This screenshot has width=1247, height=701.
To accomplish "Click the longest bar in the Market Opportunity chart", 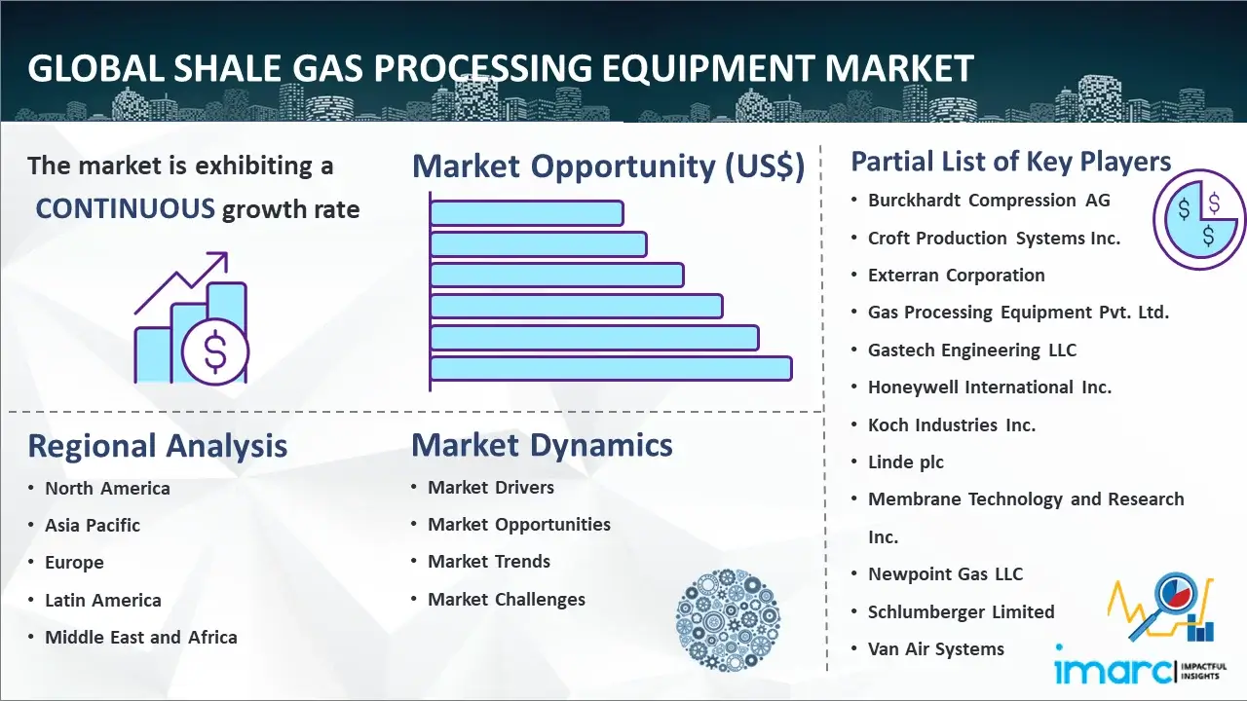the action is click(611, 369).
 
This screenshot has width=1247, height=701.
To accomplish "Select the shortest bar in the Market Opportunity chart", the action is click(526, 212).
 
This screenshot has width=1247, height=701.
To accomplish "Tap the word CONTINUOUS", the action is click(126, 208).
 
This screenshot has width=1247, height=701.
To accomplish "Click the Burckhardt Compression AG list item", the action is click(989, 201).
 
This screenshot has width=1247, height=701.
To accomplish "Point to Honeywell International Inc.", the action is click(989, 387).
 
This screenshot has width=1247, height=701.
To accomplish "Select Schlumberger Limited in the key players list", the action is click(961, 612).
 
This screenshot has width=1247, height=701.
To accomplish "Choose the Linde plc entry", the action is click(906, 462).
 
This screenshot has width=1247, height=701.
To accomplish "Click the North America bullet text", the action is click(107, 489).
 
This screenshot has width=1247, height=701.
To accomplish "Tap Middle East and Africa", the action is click(141, 638).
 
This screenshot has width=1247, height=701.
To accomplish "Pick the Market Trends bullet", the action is click(489, 562).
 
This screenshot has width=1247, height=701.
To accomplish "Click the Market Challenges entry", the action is click(506, 599).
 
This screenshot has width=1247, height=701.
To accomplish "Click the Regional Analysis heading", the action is click(158, 446).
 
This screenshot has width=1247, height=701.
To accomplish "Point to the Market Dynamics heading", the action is click(542, 445).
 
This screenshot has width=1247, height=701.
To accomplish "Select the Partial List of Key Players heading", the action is click(1011, 162).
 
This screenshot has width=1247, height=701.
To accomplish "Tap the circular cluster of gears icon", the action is click(728, 620).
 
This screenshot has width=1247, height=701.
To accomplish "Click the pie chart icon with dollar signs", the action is click(1199, 219).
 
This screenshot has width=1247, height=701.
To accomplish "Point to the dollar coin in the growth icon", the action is click(215, 351).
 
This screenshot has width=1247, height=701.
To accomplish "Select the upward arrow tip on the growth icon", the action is click(226, 254).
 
